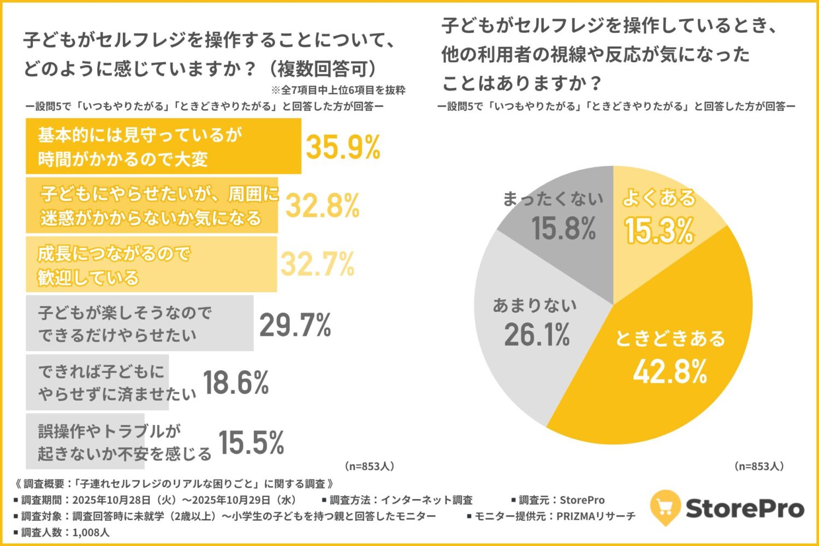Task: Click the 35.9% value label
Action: (343, 147)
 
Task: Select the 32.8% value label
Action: (323, 206)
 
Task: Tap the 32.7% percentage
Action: (317, 265)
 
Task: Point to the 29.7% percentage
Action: (295, 325)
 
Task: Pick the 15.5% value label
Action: (251, 442)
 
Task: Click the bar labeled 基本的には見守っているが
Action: (163, 146)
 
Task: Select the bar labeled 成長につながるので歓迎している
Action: (151, 265)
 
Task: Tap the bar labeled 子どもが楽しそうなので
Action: (139, 323)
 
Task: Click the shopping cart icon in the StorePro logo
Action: (665, 507)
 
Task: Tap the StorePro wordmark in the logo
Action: (745, 508)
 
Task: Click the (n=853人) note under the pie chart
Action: (759, 466)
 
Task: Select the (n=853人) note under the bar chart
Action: (369, 466)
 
